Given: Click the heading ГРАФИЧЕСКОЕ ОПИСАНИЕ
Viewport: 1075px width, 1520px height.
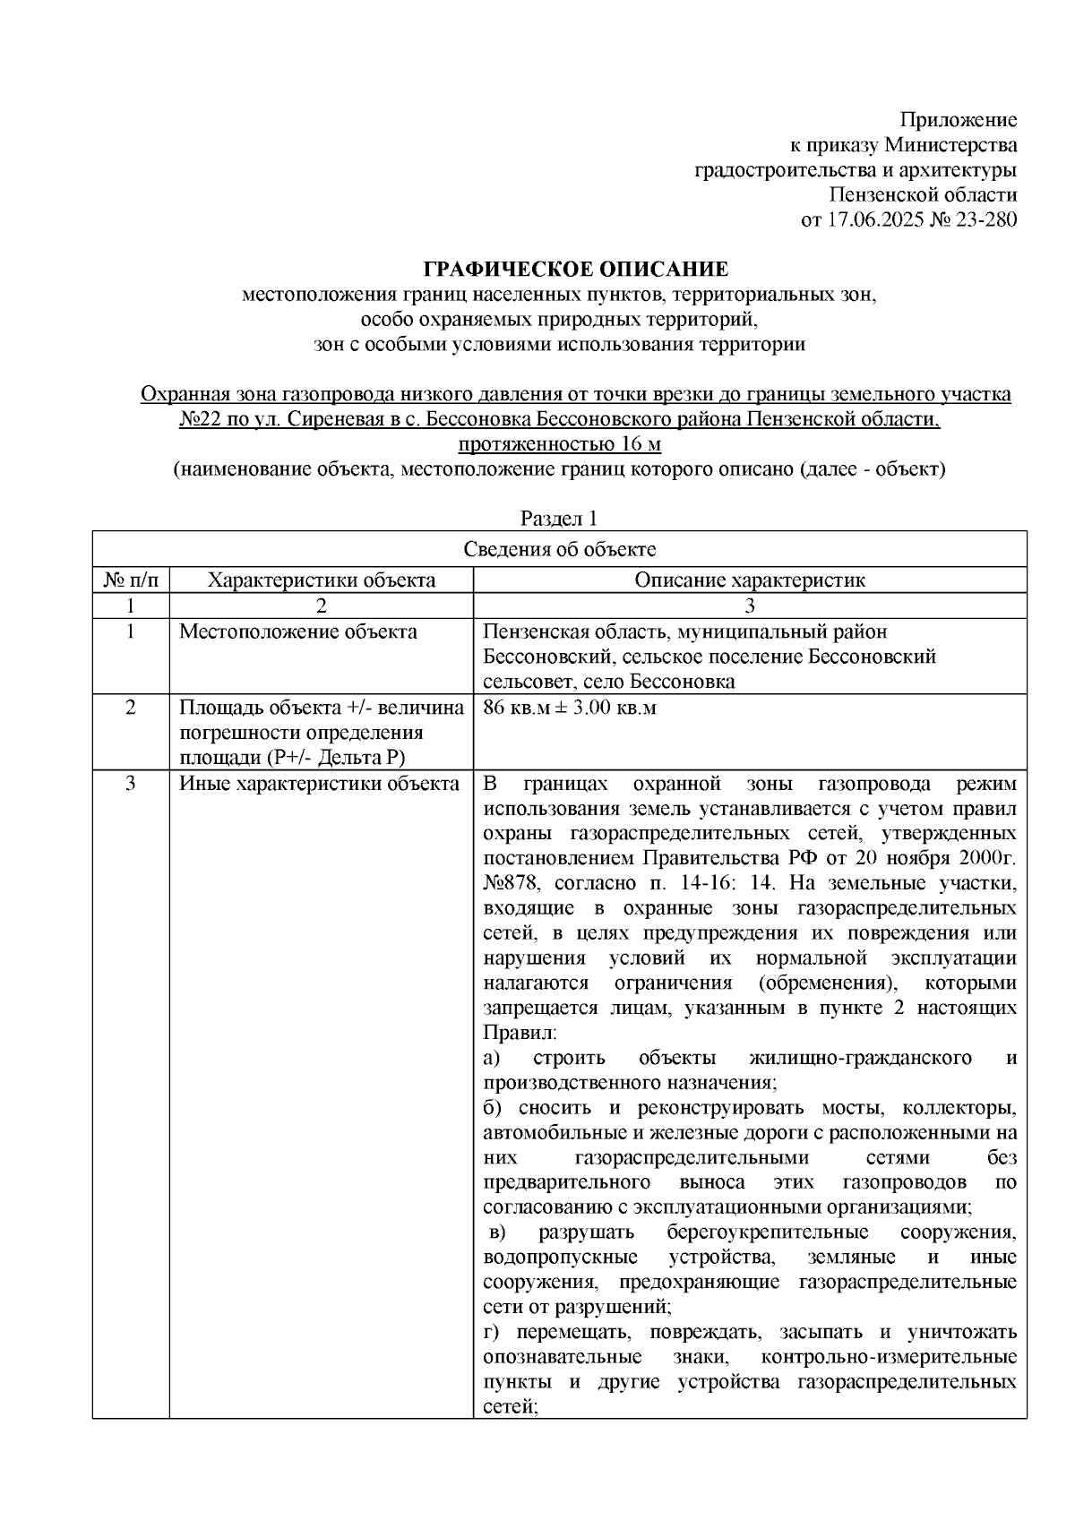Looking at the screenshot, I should click(x=576, y=270).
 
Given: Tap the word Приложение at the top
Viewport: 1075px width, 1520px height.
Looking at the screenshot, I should click(x=959, y=120).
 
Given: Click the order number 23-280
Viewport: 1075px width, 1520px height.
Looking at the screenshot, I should click(x=985, y=219).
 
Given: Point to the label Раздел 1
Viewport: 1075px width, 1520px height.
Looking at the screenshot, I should click(x=559, y=519).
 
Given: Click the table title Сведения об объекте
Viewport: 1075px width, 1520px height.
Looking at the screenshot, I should click(x=559, y=549).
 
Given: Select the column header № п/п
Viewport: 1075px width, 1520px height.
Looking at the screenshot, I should click(x=132, y=580).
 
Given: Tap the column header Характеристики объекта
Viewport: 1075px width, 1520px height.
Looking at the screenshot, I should click(x=322, y=580).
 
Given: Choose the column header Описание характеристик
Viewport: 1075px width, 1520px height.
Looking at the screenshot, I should click(x=750, y=580).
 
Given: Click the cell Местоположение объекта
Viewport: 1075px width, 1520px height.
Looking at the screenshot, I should click(x=298, y=632).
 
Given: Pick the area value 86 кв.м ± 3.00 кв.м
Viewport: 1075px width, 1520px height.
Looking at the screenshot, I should click(x=570, y=708).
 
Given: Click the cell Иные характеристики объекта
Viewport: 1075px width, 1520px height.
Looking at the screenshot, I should click(x=320, y=785).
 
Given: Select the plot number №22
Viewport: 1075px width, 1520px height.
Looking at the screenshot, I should click(x=201, y=419).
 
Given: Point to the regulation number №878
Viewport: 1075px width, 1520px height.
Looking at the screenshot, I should click(x=510, y=883).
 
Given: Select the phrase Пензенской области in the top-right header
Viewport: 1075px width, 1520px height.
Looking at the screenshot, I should click(x=923, y=195).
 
